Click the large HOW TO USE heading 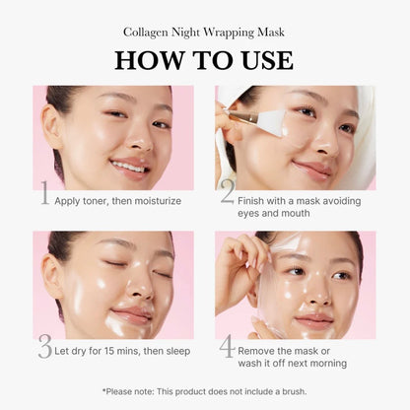[204, 59]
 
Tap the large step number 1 [43, 193]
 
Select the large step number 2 [228, 193]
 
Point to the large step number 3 [44, 346]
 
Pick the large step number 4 [228, 346]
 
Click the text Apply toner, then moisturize [118, 201]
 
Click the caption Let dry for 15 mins [121, 350]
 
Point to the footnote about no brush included [204, 391]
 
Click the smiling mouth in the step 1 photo [129, 165]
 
